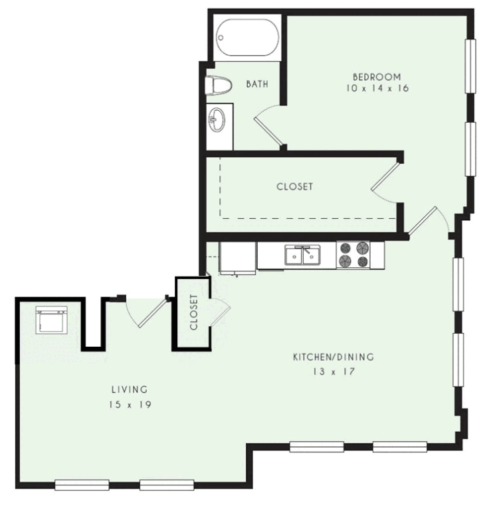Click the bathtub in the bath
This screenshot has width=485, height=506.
pos(247,38)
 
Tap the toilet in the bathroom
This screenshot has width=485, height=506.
pos(219,86)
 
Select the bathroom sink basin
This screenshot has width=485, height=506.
pos(217,119)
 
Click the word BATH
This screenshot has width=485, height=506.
pos(257,84)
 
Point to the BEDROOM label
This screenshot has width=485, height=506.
pos(377,77)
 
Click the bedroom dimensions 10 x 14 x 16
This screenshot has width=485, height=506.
pos(377,88)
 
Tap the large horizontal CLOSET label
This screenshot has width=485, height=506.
pos(294,186)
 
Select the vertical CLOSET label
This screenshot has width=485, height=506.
pos(194,312)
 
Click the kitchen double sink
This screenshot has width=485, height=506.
pos(303,255)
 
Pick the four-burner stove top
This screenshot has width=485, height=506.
pos(353,255)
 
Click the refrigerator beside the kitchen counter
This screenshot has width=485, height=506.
pos(238,258)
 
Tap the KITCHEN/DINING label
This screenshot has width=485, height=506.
pos(334,357)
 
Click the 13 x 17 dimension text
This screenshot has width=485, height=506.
pos(334,372)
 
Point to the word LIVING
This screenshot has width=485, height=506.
pos(130,389)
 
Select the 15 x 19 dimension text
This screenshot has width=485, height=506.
pos(130,405)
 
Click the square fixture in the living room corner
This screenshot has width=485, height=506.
pos(52,320)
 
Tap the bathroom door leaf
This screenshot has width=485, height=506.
pos(268,131)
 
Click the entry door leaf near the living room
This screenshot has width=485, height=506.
pos(153,313)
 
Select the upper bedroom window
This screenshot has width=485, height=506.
pos(470,66)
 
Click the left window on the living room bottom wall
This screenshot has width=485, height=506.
pos(82,485)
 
